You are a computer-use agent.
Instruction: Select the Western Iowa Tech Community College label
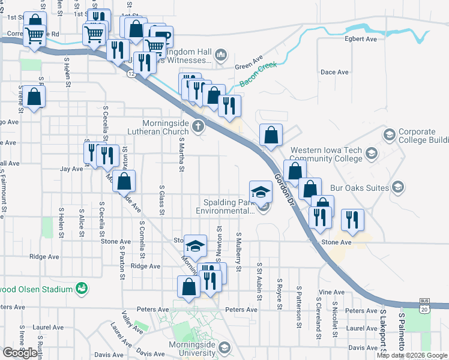(327, 155)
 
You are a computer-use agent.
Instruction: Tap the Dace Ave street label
(335, 72)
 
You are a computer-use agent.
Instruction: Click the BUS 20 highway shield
(425, 306)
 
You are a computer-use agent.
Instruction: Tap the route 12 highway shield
(131, 73)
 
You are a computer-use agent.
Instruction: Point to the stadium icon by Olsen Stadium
(81, 289)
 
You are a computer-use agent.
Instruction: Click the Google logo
(20, 353)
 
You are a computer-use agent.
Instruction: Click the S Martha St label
(181, 153)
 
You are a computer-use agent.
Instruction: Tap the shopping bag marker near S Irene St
(35, 97)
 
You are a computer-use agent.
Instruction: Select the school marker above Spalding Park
(261, 192)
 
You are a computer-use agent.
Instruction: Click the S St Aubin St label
(259, 280)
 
